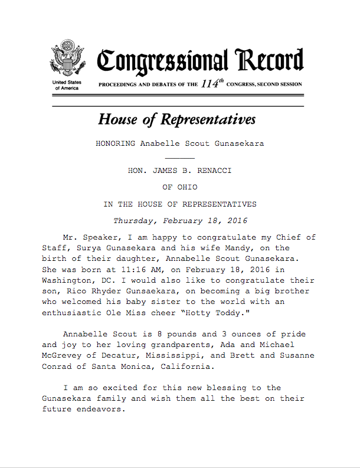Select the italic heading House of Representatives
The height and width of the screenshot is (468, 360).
[x=176, y=119]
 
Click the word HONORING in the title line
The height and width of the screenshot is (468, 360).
[x=116, y=143]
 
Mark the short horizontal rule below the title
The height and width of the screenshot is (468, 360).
[x=179, y=158]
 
